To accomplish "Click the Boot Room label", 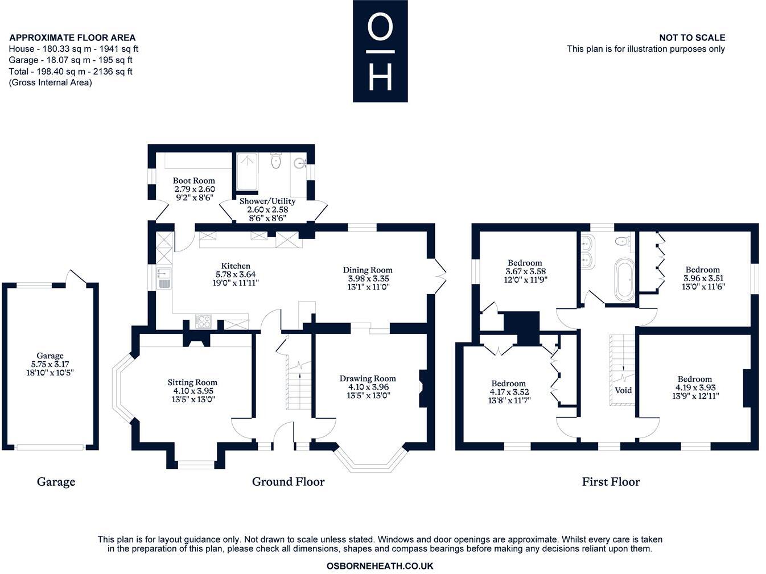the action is pos(193,181).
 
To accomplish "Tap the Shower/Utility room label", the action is pos(267,201).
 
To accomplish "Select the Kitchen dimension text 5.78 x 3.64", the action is pos(236,274).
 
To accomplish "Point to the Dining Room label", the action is pos(368,270).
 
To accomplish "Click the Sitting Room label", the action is pos(192,382).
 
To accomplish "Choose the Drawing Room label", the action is pos(368,378).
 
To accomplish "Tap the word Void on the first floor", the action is pos(623,390).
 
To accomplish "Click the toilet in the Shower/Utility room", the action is pos(276,161).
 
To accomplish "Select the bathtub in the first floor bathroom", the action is pos(624,280).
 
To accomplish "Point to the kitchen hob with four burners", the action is pos(203,321).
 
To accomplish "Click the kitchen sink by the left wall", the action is pos(164,278).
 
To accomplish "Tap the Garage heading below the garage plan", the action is pos(56,482).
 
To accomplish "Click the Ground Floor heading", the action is pos(289,482).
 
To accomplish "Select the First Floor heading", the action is pos(611,482).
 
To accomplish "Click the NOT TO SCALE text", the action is pos(692,38).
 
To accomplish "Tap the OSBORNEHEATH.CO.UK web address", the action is pos(380,566).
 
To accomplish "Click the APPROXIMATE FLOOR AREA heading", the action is pos(73,38).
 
